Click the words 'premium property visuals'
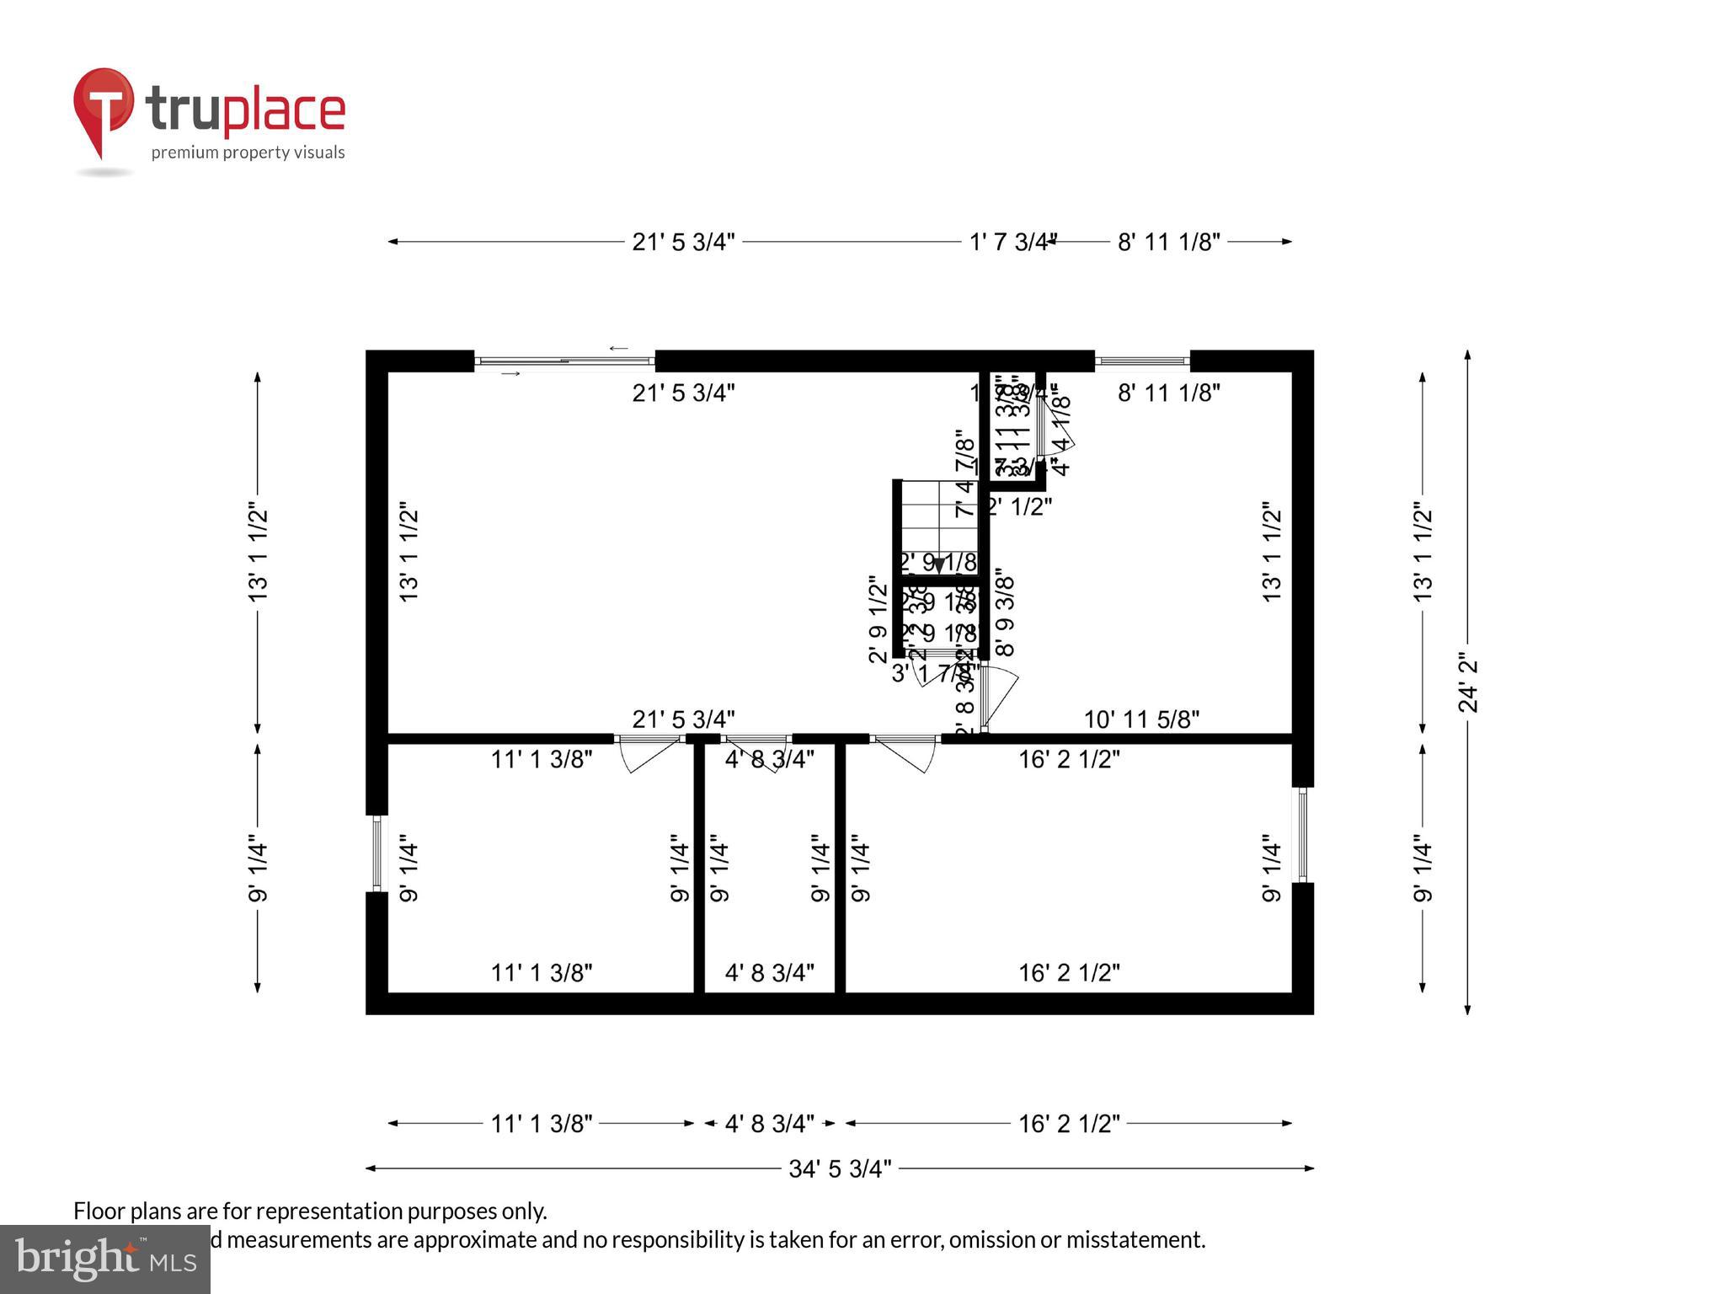pos(248,152)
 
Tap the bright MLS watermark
pos(104,1259)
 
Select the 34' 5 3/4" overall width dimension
pos(839,1168)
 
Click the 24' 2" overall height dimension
pos(1468,682)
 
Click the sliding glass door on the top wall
pos(564,361)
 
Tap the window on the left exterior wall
pos(377,853)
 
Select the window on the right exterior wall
pos(1302,835)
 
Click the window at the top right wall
pos(1141,361)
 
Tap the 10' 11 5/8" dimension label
pos(1140,719)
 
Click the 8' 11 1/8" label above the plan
pos(1168,243)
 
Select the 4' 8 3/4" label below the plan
pos(769,1124)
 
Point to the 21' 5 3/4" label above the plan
pos(683,243)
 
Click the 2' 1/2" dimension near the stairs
pos(1020,506)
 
